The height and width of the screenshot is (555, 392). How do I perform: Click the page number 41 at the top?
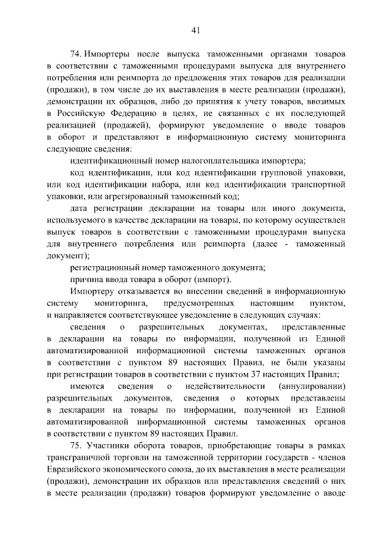pyautogui.click(x=196, y=28)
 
